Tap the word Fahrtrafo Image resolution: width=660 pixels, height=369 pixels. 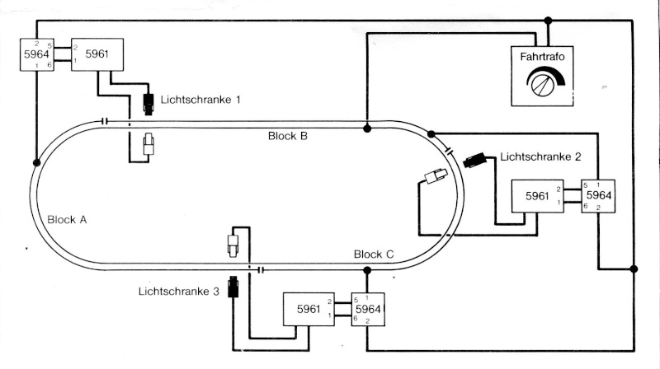542,56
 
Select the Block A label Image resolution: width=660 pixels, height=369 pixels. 67,219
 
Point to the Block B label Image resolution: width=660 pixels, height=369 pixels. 287,136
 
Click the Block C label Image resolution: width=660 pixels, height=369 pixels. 374,254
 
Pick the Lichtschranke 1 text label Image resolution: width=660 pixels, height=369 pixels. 200,100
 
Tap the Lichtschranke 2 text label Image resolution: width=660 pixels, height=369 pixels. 540,156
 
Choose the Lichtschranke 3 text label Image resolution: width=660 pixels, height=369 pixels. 179,292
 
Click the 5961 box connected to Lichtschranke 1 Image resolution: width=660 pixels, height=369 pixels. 97,54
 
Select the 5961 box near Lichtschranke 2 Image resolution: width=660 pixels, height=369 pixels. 538,196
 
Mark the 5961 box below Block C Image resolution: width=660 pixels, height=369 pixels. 309,310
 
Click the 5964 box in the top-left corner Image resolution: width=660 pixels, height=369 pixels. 37,54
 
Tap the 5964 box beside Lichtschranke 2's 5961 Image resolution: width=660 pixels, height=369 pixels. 598,196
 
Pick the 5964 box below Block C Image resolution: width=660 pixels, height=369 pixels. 368,310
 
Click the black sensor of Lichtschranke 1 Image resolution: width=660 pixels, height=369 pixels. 148,104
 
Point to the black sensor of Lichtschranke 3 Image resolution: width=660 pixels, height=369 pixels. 233,287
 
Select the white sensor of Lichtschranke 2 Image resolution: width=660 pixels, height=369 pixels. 436,175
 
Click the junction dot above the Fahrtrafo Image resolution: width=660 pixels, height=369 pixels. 548,21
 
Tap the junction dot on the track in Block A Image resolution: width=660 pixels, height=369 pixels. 36,162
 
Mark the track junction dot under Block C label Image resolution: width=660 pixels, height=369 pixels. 367,270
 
